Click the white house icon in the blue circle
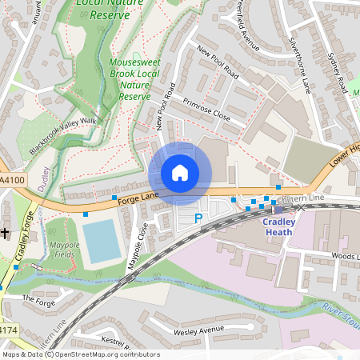tap(180, 173)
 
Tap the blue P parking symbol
tap(199, 218)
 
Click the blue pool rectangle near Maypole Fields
tap(102, 242)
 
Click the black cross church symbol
tap(5, 233)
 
